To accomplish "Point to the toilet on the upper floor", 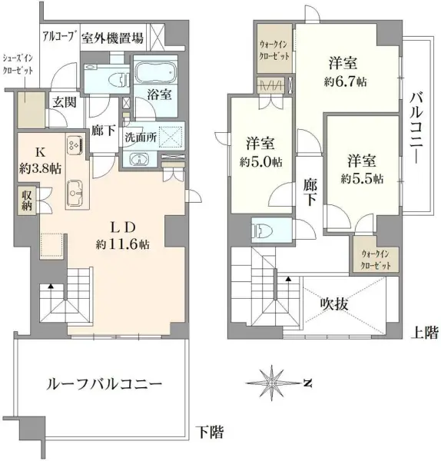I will tap(264, 230).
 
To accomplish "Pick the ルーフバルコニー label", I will tap(103, 383).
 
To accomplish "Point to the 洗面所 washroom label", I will tap(141, 131).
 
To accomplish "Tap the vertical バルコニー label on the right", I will tap(417, 126).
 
